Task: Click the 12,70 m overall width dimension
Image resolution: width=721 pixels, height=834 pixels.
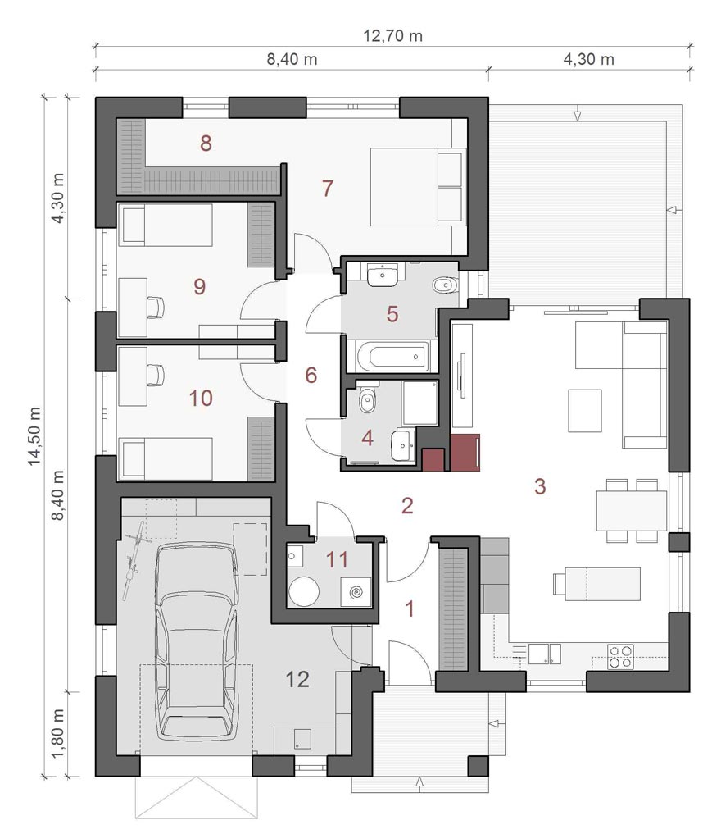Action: (392, 36)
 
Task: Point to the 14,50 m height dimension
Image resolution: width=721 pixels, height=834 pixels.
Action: (34, 436)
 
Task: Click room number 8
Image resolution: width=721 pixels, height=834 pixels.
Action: (206, 143)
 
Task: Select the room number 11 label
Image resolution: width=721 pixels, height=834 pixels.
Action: (337, 559)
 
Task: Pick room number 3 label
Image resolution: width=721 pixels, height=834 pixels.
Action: (540, 486)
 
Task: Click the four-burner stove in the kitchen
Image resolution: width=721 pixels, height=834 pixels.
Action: (620, 656)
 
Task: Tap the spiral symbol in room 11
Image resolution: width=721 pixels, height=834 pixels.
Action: (356, 592)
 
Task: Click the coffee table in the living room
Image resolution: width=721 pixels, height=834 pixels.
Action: (585, 411)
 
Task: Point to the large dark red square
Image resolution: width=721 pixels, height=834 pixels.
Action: (465, 453)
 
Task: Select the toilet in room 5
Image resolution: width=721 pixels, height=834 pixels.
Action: (443, 285)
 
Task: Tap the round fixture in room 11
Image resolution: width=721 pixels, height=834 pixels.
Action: (304, 591)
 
